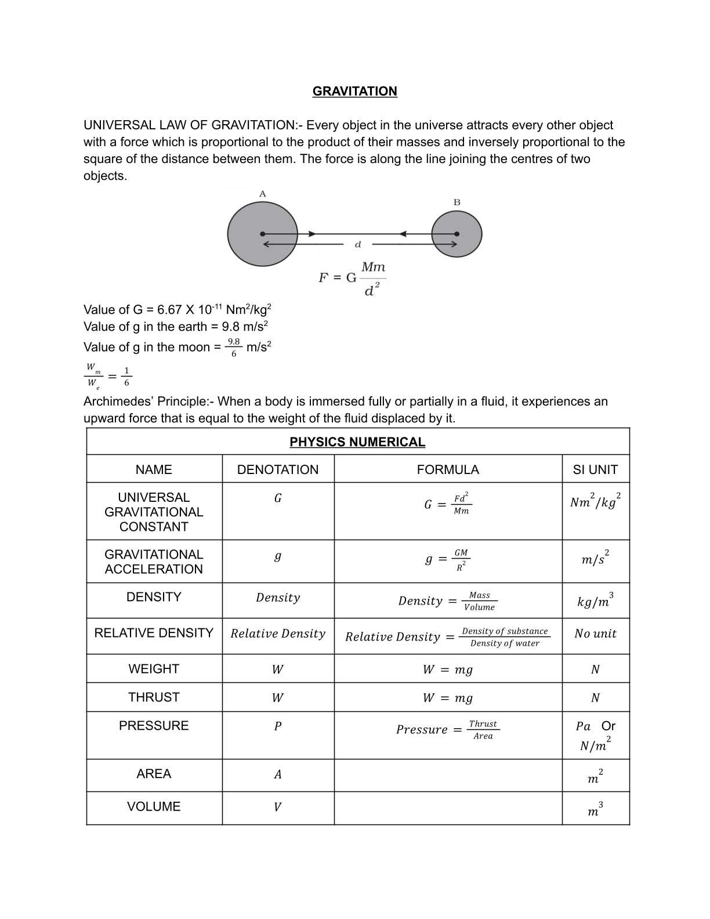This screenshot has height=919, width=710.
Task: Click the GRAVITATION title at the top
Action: click(x=354, y=91)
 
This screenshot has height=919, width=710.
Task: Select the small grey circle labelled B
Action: click(x=457, y=234)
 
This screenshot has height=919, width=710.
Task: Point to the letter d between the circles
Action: click(x=358, y=244)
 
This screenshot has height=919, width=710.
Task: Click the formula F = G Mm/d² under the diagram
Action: click(x=352, y=278)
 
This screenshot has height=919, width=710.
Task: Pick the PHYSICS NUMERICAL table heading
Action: click(x=357, y=442)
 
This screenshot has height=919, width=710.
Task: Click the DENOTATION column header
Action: click(x=278, y=469)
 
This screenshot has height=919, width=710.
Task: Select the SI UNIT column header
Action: click(x=595, y=469)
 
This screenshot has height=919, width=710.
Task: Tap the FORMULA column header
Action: click(x=448, y=469)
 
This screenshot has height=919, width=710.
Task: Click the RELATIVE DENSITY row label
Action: click(x=154, y=633)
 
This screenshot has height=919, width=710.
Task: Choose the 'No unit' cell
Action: click(x=595, y=634)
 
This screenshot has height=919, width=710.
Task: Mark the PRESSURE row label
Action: click(x=154, y=726)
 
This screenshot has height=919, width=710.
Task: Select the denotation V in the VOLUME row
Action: click(x=277, y=807)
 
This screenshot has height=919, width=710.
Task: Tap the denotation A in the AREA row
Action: click(x=277, y=775)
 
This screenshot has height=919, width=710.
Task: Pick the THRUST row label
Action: click(x=154, y=697)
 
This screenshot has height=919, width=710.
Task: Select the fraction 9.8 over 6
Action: click(x=234, y=347)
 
